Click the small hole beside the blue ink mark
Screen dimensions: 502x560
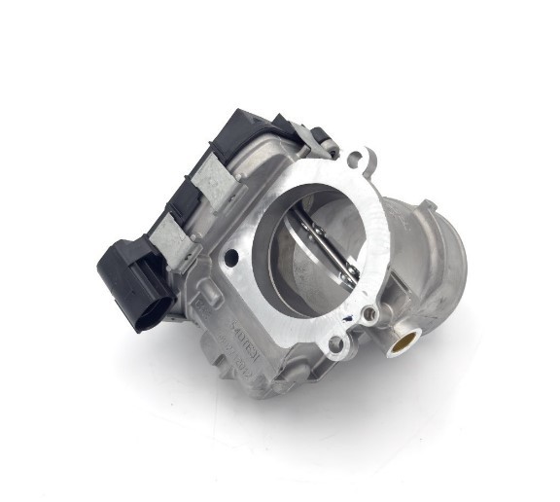369,313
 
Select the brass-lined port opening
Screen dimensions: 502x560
404,341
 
